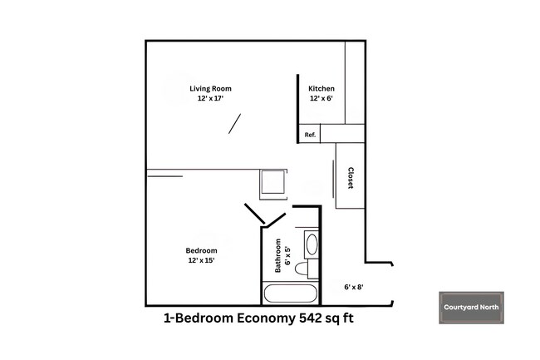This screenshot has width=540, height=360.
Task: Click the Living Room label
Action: tap(210, 88)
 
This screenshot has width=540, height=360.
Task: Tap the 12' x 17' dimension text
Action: tap(210, 99)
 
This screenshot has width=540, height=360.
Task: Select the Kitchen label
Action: tap(322, 88)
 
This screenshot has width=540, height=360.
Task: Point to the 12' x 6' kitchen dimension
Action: tap(322, 99)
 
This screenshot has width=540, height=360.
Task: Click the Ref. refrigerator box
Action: tap(310, 135)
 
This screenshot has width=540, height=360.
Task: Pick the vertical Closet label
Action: tap(351, 179)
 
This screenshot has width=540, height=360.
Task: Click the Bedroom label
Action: tap(201, 250)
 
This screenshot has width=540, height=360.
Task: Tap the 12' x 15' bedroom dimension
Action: tap(201, 260)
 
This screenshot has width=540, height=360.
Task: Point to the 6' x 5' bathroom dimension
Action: tap(288, 258)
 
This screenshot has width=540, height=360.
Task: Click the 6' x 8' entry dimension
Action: tap(354, 287)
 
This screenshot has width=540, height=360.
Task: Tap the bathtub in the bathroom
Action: tap(290, 293)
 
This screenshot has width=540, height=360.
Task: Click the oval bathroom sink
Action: tap(312, 244)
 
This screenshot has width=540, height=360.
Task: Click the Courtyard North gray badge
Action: tap(471, 308)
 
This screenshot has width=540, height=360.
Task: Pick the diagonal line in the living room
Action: tap(235, 124)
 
